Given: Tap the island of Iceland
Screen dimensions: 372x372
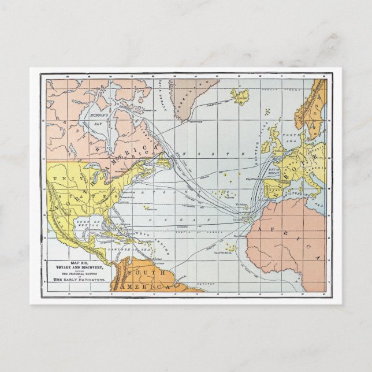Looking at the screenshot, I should click(x=239, y=94).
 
